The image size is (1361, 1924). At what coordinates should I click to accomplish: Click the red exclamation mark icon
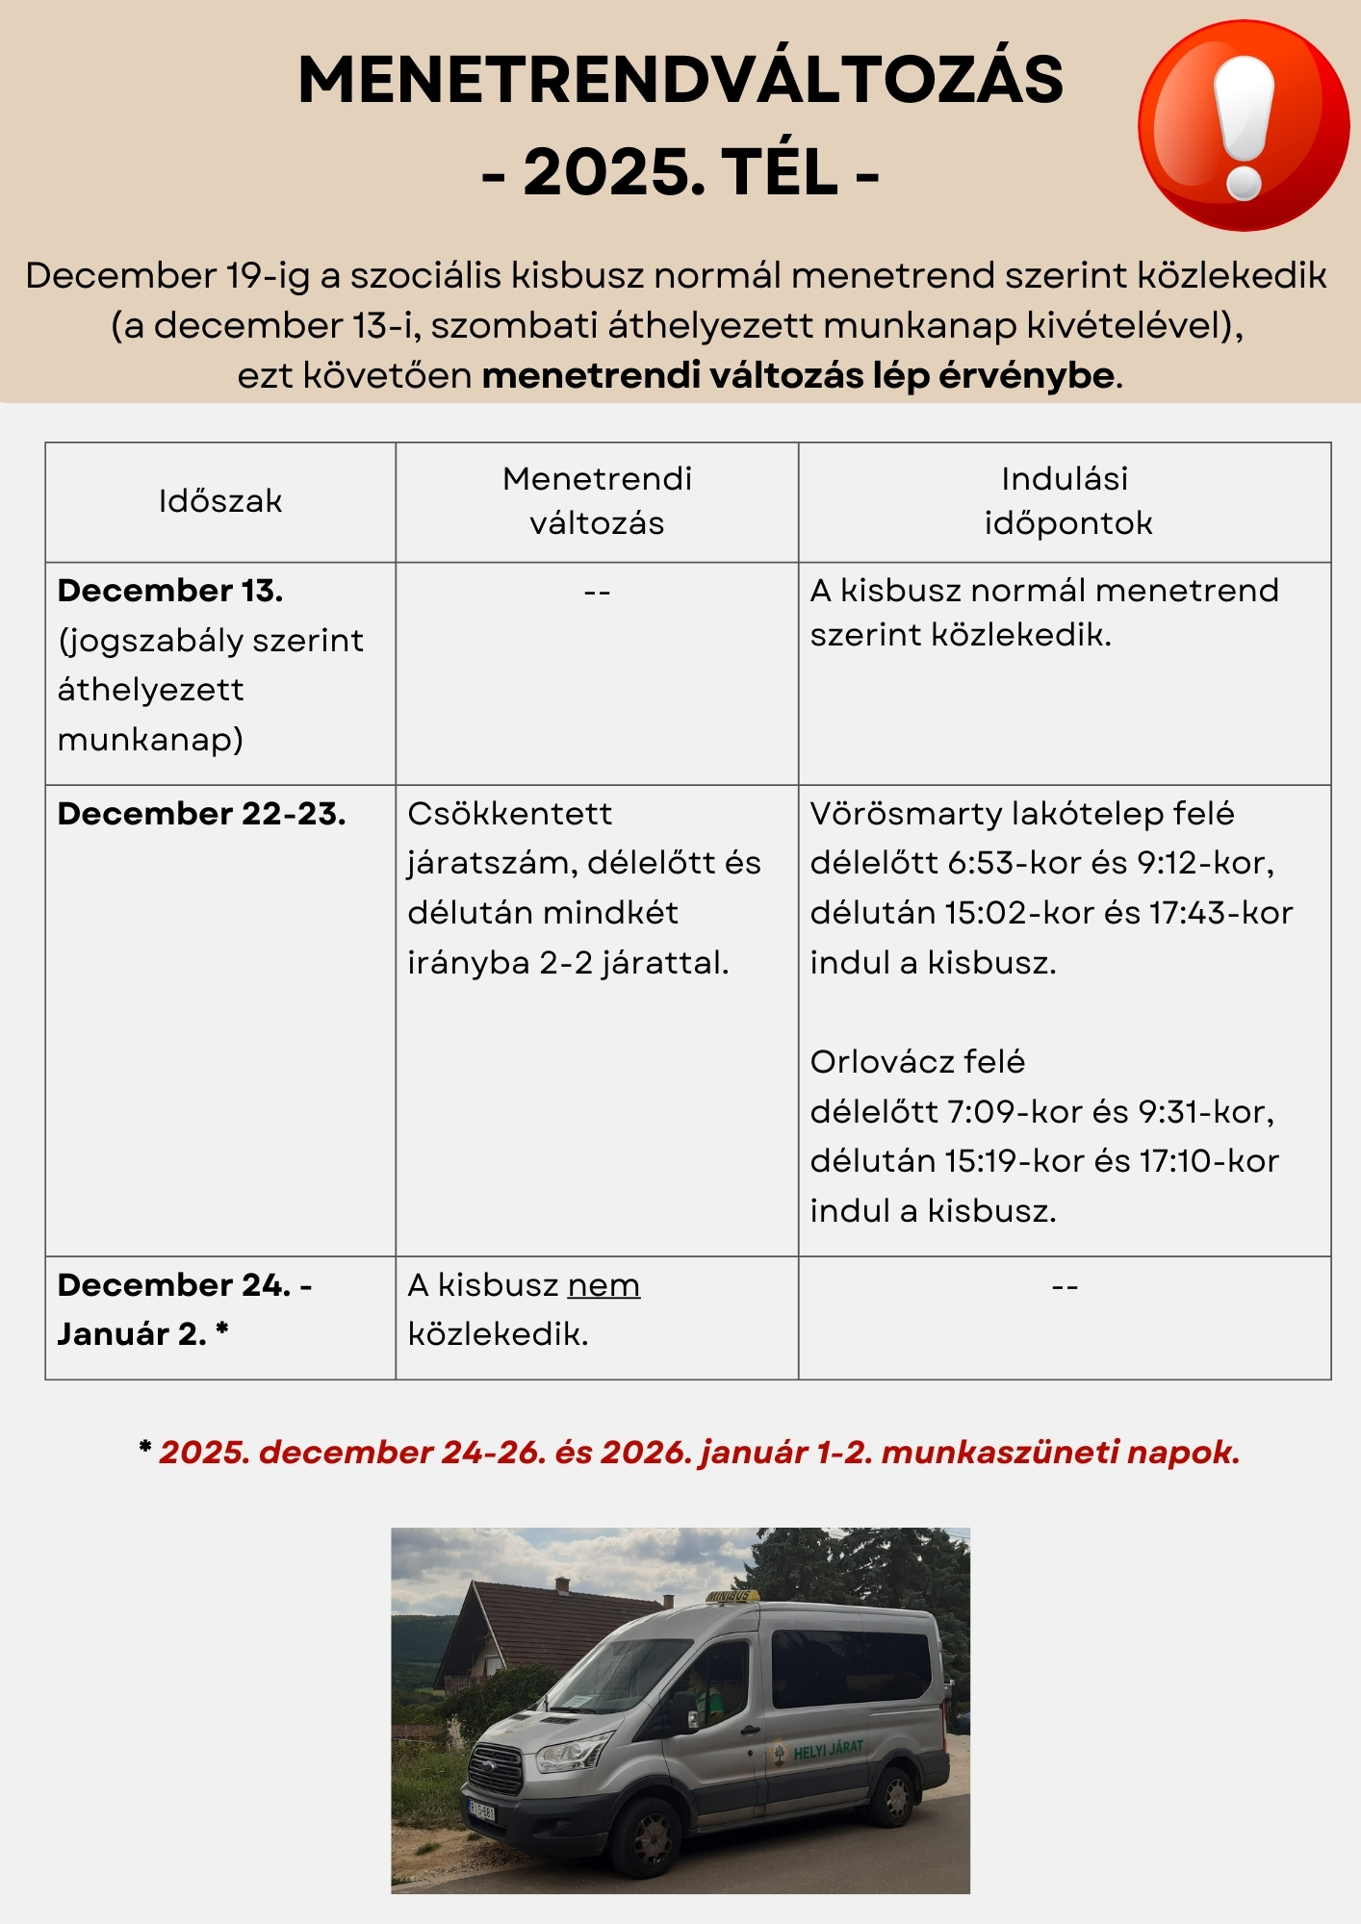pyautogui.click(x=1244, y=126)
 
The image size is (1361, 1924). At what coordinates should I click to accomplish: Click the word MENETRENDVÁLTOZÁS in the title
pyautogui.click(x=680, y=80)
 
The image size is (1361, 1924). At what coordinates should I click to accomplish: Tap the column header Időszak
pyautogui.click(x=220, y=501)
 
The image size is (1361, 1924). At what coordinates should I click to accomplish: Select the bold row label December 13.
pyautogui.click(x=170, y=591)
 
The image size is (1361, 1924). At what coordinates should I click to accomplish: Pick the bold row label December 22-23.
pyautogui.click(x=201, y=814)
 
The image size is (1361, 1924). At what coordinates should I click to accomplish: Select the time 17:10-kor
pyautogui.click(x=1209, y=1161)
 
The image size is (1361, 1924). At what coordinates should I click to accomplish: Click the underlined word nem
pyautogui.click(x=603, y=1285)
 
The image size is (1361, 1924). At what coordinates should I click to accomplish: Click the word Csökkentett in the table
pyautogui.click(x=509, y=814)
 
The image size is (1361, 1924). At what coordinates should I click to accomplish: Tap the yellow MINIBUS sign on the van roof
pyautogui.click(x=731, y=1598)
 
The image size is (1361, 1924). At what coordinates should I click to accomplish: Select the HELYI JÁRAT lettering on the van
pyautogui.click(x=828, y=1749)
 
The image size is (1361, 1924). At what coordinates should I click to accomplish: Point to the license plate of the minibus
pyautogui.click(x=481, y=1810)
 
